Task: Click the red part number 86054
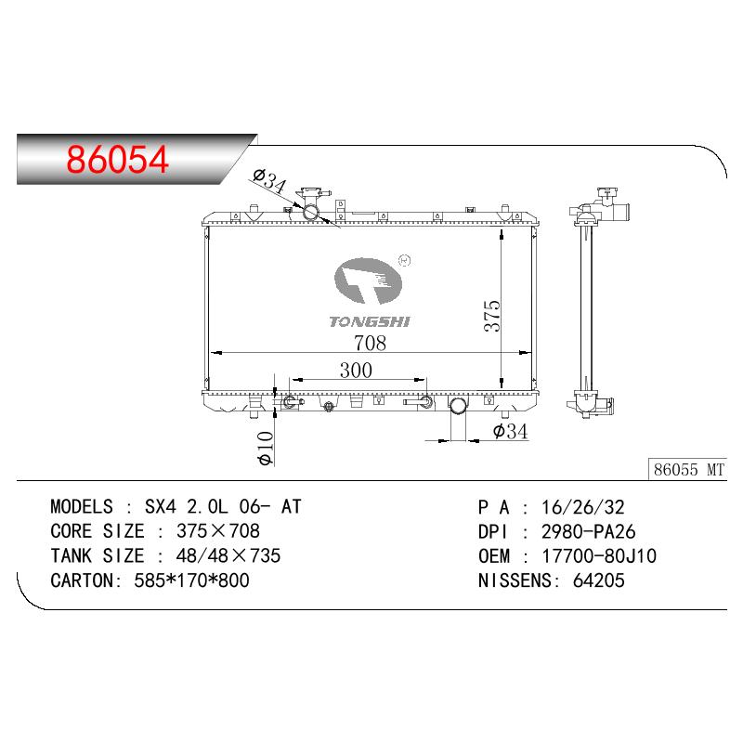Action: (118, 159)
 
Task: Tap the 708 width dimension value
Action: (370, 343)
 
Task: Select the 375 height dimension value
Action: (492, 316)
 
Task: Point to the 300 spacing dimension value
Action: (356, 370)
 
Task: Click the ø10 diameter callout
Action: (265, 448)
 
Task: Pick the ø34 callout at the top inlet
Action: (270, 180)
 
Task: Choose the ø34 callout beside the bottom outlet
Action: (510, 431)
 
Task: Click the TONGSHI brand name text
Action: (370, 321)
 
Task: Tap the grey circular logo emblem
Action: (368, 281)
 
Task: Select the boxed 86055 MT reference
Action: (687, 470)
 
